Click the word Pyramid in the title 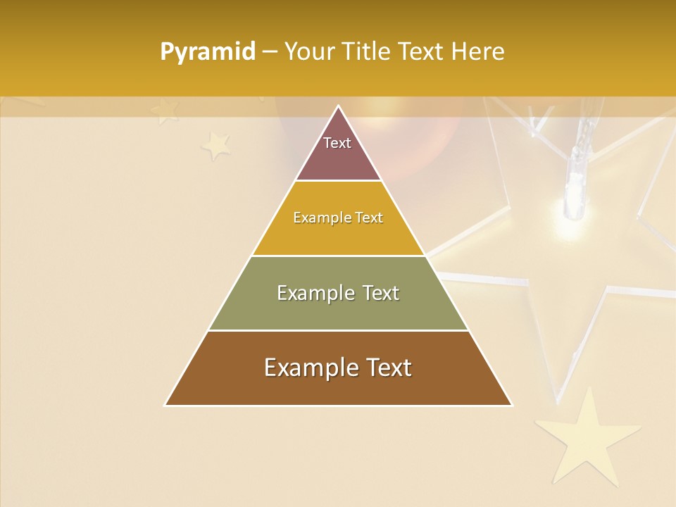tap(208, 52)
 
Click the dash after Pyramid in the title tap(270, 52)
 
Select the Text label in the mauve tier tap(337, 143)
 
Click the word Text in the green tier tap(381, 293)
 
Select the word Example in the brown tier tap(310, 368)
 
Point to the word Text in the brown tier tap(388, 368)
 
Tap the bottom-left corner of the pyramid tap(165, 405)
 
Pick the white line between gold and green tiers tap(339, 256)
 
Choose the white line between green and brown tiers tap(339, 330)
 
